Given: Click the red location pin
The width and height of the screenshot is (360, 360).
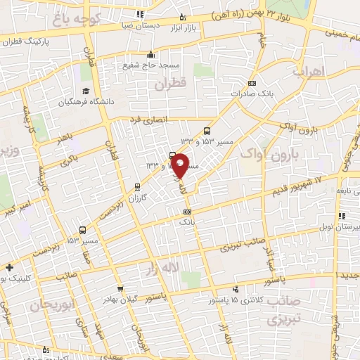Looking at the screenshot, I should point(180,166).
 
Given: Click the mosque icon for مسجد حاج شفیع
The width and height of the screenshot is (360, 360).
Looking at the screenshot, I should point(150,54).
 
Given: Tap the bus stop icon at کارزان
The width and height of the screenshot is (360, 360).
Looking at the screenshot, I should point(137,187).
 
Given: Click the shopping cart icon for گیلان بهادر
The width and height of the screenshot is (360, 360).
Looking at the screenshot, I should point(120,289).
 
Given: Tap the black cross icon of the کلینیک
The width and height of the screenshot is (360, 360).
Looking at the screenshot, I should point(8,267).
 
